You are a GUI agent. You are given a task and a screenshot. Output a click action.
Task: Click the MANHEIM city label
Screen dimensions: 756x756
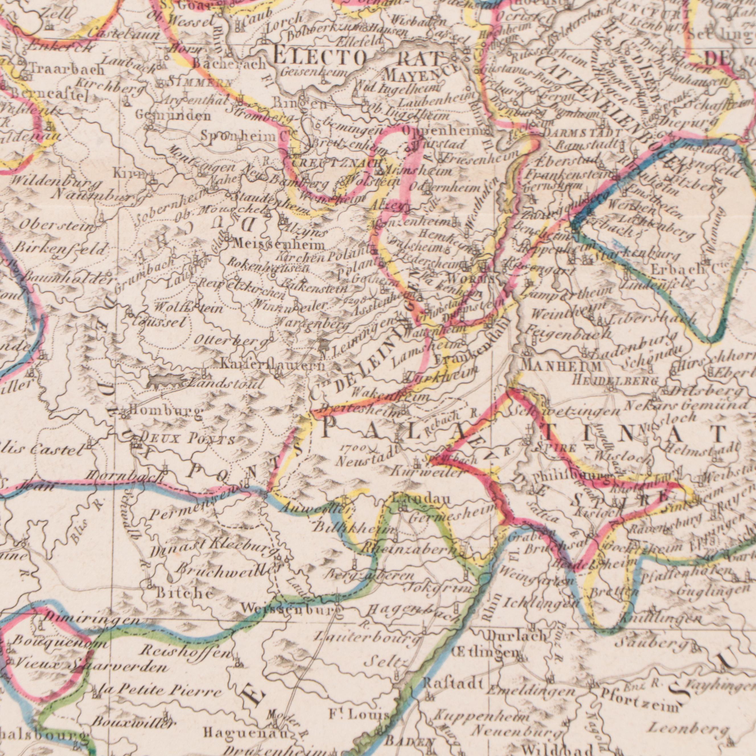coord(562,367)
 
